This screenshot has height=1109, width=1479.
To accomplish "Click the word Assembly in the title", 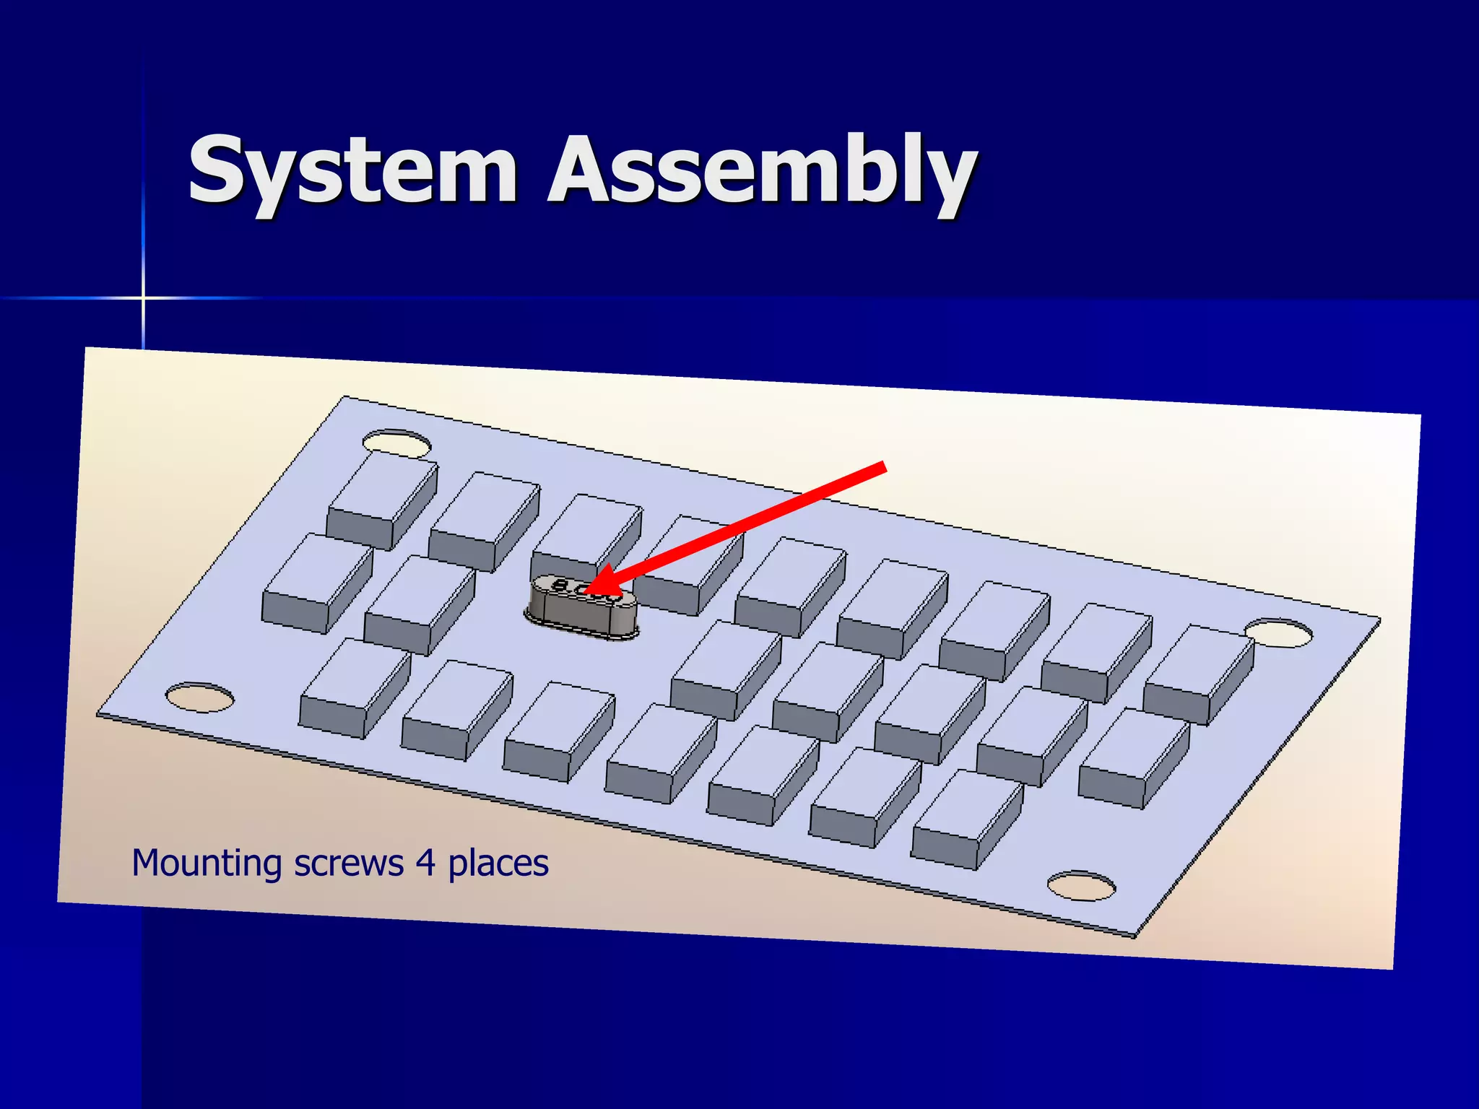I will [x=762, y=173].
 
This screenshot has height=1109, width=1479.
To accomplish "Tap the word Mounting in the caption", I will [x=207, y=864].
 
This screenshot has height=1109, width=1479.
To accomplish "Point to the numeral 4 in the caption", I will [x=426, y=862].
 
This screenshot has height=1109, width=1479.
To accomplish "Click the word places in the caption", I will [x=498, y=864].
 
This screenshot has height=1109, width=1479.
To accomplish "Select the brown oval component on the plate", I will [x=582, y=607].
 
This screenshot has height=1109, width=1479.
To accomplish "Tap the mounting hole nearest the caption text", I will [x=200, y=697].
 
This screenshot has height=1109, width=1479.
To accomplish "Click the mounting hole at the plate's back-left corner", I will [x=396, y=443].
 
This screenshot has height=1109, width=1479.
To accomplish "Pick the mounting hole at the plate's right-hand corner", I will [x=1279, y=632].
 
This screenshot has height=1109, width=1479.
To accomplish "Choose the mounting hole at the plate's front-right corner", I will [x=1081, y=886].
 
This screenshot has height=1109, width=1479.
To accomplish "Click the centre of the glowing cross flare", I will [x=143, y=297].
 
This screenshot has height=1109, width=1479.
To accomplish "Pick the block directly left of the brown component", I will [x=419, y=604].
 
